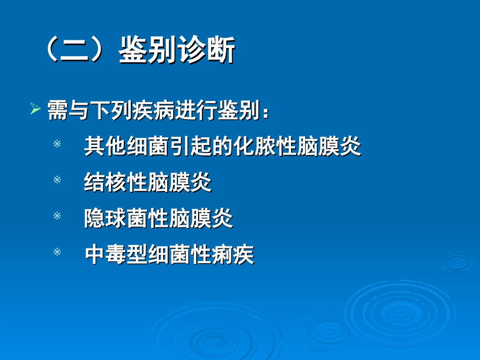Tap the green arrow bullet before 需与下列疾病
tap(35, 109)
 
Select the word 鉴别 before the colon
tap(238, 110)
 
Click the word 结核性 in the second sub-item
tap(116, 182)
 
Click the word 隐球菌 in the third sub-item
tap(116, 218)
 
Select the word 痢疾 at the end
tap(232, 254)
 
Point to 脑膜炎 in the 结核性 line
tap(180, 182)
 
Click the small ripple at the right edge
tap(458, 262)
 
